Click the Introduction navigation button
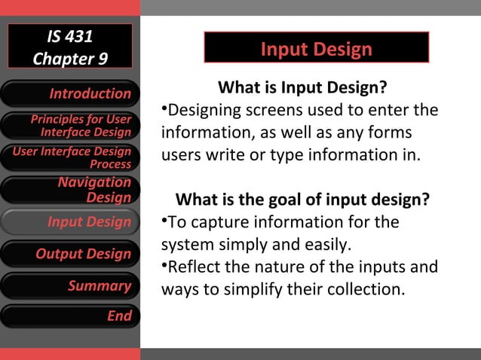(70, 93)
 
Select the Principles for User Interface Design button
(70, 126)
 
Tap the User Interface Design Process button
(70, 157)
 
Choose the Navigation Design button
(70, 190)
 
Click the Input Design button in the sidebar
(70, 221)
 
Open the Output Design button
(70, 254)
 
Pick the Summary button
(70, 285)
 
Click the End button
(70, 316)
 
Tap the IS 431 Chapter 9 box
(70, 47)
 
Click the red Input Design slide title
(316, 49)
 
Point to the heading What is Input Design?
(302, 87)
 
